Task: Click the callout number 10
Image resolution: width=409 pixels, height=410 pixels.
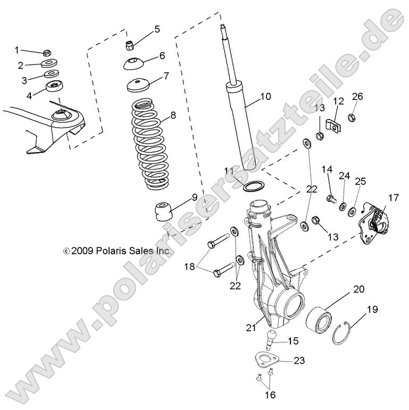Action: coord(265,96)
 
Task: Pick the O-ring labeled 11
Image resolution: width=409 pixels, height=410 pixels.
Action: coord(253,186)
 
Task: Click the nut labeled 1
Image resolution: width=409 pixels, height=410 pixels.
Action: coord(46,54)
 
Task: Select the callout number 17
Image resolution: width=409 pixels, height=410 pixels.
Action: coord(393,198)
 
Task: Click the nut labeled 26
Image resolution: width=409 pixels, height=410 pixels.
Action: coord(352,118)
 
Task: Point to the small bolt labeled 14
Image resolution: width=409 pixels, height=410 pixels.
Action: coord(329,199)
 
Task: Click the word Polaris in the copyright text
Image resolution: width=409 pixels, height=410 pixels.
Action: coord(108,250)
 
